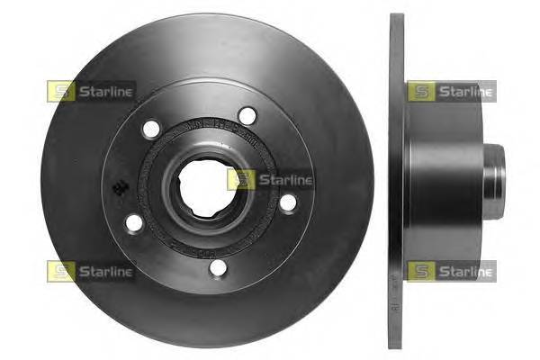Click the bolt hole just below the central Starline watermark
(x=287, y=203)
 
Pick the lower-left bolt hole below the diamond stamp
(x=134, y=222)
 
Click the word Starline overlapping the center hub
(x=284, y=180)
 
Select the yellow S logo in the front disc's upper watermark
(x=60, y=91)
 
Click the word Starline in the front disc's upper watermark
(x=104, y=91)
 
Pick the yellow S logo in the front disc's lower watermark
(x=60, y=271)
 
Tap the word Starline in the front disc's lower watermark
(x=104, y=271)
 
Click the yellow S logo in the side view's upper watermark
(x=420, y=91)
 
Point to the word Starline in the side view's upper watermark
(x=464, y=91)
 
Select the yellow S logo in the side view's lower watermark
(x=420, y=271)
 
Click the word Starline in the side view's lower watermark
(x=464, y=271)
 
